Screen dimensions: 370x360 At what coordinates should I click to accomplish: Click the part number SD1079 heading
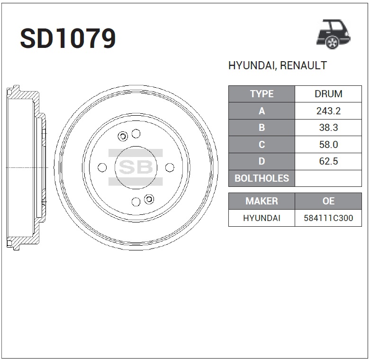(x=68, y=38)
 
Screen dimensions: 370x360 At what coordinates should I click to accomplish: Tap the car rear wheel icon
(x=334, y=35)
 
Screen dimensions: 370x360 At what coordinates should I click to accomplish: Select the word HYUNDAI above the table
(x=252, y=65)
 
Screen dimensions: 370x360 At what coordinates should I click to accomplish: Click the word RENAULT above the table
(x=304, y=65)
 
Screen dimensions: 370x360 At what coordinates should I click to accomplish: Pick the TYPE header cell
(x=262, y=94)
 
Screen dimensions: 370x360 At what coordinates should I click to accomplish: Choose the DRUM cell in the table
(x=328, y=94)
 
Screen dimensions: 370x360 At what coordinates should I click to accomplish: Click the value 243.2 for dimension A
(x=328, y=111)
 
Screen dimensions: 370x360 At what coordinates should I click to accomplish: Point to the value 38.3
(x=328, y=128)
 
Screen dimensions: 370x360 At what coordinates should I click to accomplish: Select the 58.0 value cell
(x=328, y=144)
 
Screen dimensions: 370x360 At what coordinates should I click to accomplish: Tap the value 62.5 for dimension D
(x=328, y=161)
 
